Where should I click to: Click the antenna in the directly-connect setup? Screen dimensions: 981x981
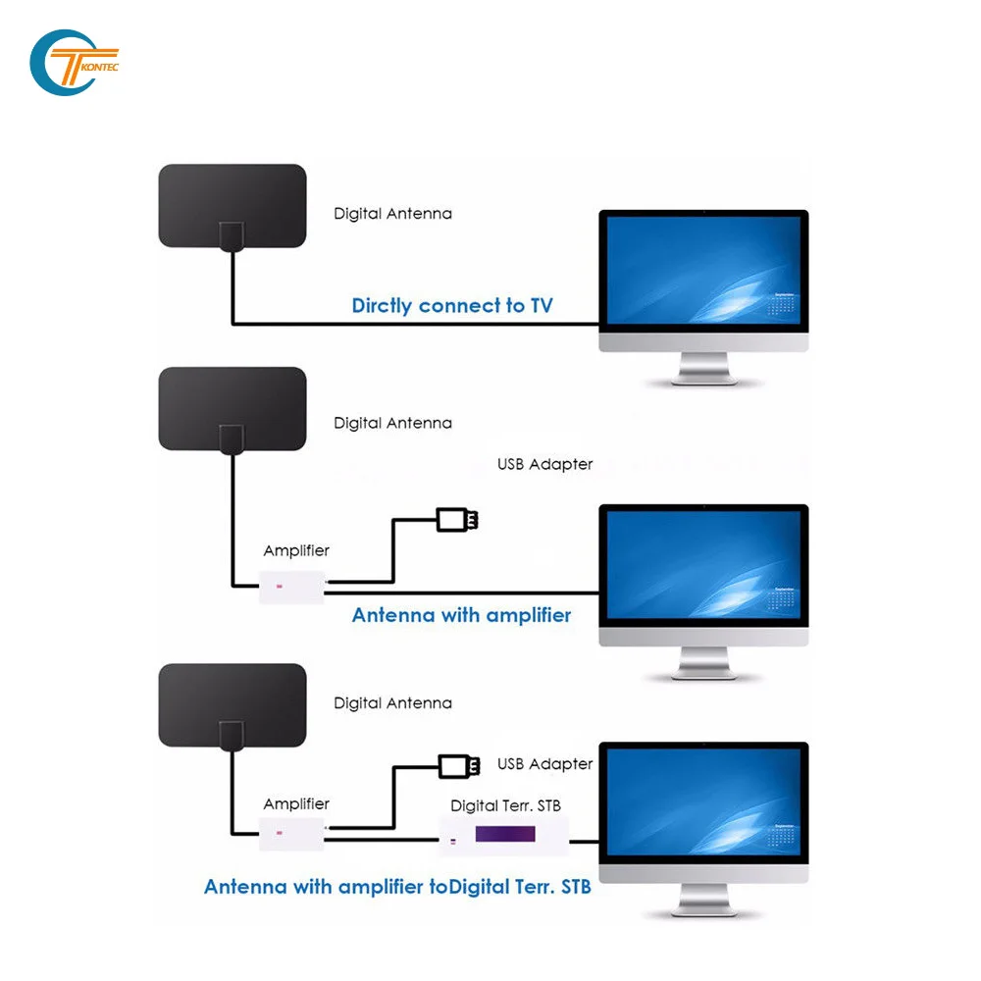pyautogui.click(x=232, y=205)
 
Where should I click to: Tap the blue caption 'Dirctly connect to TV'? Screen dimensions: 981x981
pyautogui.click(x=451, y=305)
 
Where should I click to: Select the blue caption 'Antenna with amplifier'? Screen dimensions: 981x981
pyautogui.click(x=461, y=615)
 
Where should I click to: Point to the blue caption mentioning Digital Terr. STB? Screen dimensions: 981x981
pyautogui.click(x=397, y=887)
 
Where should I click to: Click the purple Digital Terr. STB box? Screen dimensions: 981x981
pyautogui.click(x=504, y=835)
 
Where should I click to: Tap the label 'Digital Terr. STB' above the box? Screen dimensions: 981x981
pyautogui.click(x=505, y=805)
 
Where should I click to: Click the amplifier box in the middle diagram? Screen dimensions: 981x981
pyautogui.click(x=291, y=587)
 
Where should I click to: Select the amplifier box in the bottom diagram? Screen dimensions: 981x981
pyautogui.click(x=291, y=834)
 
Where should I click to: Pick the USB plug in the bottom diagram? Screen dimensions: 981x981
pyautogui.click(x=458, y=764)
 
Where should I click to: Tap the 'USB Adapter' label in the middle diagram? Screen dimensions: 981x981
pyautogui.click(x=544, y=464)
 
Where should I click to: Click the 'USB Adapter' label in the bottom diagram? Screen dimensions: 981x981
pyautogui.click(x=544, y=763)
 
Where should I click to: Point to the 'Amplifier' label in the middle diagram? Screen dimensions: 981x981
pyautogui.click(x=296, y=551)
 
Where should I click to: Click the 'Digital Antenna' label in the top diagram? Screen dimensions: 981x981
pyautogui.click(x=392, y=213)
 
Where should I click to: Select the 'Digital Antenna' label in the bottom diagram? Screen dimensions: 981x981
pyautogui.click(x=392, y=702)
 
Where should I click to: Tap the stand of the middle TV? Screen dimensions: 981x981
pyautogui.click(x=702, y=666)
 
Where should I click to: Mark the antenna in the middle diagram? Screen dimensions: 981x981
pyautogui.click(x=232, y=407)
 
